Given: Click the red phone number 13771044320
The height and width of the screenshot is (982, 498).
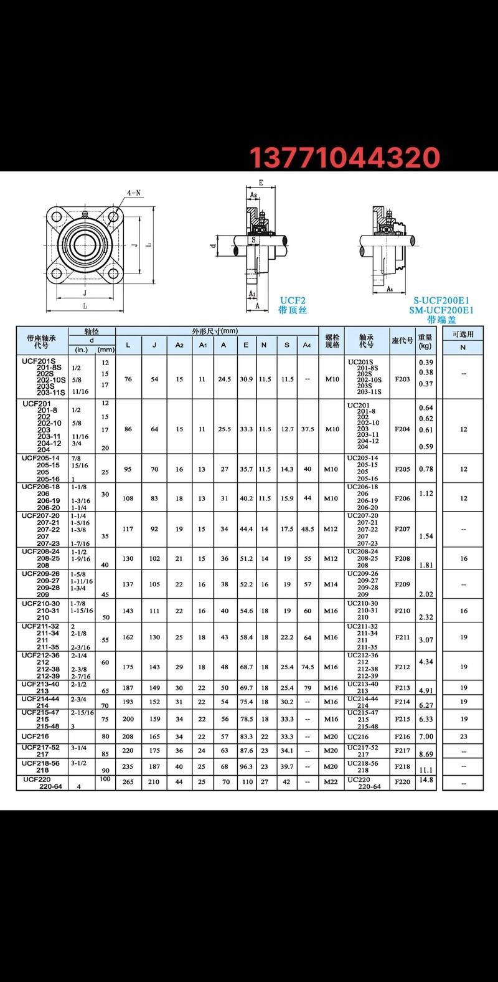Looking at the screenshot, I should click(x=345, y=158).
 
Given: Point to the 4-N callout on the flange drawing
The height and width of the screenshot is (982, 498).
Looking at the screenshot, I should click(x=134, y=193).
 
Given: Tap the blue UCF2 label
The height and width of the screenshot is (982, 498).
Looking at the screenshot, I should click(x=293, y=300).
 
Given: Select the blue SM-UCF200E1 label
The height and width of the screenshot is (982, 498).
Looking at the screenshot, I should click(x=441, y=310).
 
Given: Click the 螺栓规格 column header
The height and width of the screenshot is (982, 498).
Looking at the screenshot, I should click(x=332, y=341).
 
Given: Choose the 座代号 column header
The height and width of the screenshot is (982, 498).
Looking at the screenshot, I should click(x=402, y=341).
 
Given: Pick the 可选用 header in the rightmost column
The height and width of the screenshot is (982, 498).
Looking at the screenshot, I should click(x=463, y=334).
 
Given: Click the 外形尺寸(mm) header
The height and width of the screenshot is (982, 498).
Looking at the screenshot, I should click(x=215, y=331).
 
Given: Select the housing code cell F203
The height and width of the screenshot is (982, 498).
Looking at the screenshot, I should click(x=402, y=379).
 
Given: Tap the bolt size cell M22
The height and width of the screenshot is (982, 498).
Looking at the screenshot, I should click(x=332, y=781).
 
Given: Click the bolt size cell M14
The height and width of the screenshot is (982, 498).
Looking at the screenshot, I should click(x=332, y=584).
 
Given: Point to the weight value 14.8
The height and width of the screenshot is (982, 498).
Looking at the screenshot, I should click(x=426, y=779).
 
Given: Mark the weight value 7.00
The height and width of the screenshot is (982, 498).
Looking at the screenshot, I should click(x=426, y=736).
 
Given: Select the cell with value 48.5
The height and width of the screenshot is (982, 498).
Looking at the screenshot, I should click(x=308, y=529).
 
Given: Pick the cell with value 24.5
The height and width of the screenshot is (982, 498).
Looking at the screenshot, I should click(x=223, y=379).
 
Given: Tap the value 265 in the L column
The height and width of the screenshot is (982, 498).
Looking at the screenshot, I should click(x=128, y=781).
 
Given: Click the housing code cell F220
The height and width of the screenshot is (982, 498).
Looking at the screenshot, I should click(x=402, y=781).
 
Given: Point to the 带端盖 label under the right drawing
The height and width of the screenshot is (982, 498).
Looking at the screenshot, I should click(x=441, y=320).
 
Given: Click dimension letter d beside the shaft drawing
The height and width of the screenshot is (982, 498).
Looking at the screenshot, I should click(x=214, y=245).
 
